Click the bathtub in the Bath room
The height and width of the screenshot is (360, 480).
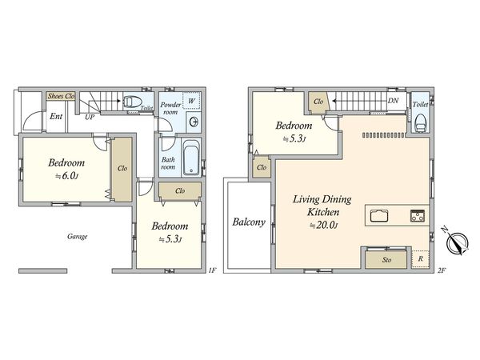(x=191, y=158)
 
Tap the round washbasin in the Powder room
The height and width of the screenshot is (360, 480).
(x=194, y=122)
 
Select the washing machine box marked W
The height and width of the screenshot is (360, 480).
(x=191, y=101)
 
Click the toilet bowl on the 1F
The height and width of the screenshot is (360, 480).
(x=133, y=102)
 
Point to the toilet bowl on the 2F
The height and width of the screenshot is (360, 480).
(x=421, y=122)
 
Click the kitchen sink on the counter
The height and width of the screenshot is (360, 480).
(x=379, y=215)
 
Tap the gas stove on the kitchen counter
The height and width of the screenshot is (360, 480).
(x=418, y=215)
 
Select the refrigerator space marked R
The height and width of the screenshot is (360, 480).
(x=420, y=259)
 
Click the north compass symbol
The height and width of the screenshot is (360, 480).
(x=456, y=242)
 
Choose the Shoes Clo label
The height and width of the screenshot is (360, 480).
(x=62, y=96)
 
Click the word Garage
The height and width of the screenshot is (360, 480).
(x=78, y=236)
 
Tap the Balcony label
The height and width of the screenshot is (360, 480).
(x=249, y=222)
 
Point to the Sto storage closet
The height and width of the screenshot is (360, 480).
(x=386, y=259)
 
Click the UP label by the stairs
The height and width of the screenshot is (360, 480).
(x=90, y=117)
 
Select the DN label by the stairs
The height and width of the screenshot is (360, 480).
(x=393, y=100)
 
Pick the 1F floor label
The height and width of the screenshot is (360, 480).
(x=212, y=270)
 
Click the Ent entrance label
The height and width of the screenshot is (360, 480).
(x=56, y=116)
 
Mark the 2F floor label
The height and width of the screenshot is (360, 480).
(x=442, y=270)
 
